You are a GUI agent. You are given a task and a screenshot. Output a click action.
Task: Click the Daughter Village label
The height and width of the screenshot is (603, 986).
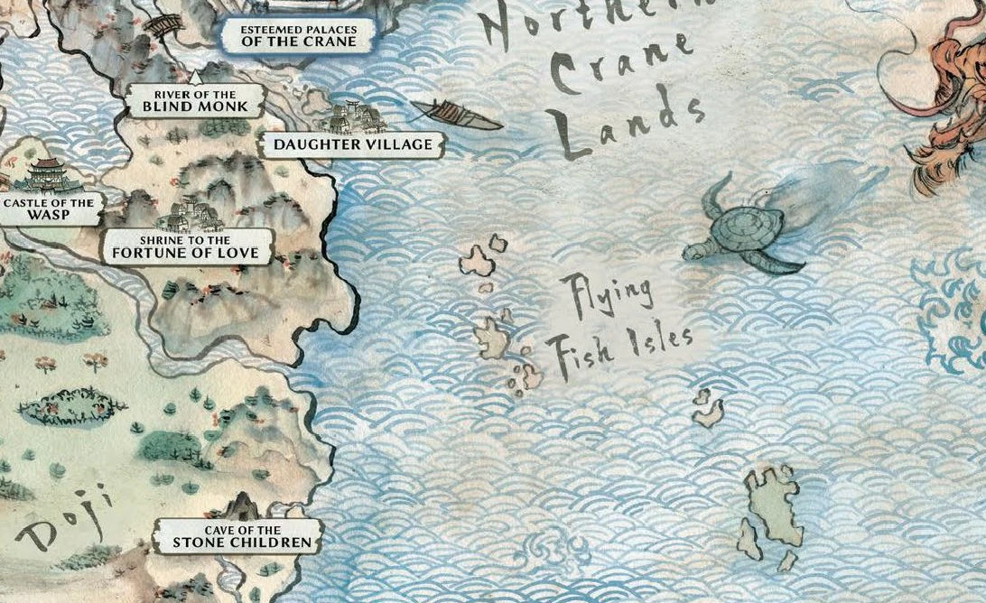click(353, 144)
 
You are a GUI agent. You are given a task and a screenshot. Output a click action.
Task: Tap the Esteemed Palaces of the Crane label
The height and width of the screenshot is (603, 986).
click(299, 35)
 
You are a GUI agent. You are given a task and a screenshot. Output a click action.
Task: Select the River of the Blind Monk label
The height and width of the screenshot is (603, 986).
click(195, 101)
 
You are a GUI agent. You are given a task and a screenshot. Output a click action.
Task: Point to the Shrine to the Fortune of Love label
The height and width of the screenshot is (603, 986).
click(187, 247)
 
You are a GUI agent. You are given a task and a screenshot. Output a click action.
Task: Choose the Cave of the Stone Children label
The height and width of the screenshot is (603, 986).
click(236, 537)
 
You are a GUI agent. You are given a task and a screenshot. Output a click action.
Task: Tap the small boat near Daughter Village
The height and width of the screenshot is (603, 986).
click(456, 115)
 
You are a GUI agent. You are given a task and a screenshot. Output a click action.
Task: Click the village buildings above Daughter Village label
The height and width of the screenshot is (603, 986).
click(353, 116)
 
